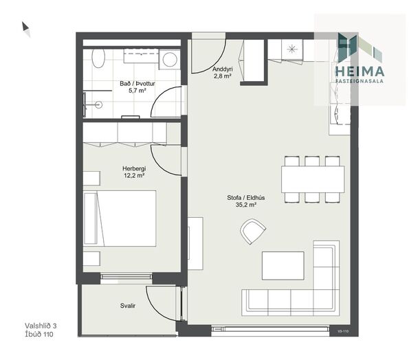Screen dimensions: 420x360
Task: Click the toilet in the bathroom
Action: click(x=98, y=58)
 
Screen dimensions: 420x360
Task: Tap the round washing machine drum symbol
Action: click(x=170, y=59)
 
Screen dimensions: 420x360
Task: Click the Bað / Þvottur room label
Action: click(x=137, y=84)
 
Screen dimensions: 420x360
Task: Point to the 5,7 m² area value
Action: click(x=137, y=91)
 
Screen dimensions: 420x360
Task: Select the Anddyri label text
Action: click(x=222, y=69)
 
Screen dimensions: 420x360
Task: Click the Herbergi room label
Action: click(x=134, y=168)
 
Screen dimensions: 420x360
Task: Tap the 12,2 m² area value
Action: click(x=134, y=176)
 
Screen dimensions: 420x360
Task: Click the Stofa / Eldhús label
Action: click(x=246, y=198)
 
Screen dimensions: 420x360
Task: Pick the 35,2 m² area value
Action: click(x=246, y=205)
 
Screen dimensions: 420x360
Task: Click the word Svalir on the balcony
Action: click(x=128, y=306)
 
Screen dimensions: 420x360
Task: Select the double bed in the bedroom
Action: click(x=120, y=218)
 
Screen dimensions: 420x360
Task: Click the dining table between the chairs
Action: click(x=313, y=179)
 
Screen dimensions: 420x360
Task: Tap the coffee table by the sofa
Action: click(x=283, y=265)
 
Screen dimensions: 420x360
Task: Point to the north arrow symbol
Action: click(x=25, y=29)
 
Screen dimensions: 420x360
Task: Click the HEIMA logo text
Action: click(x=360, y=71)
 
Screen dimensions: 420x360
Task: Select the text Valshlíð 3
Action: click(x=41, y=326)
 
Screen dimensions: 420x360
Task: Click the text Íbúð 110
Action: click(x=39, y=334)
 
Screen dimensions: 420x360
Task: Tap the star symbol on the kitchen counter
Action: click(x=292, y=49)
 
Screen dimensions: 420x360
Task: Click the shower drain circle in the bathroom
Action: click(x=99, y=104)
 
